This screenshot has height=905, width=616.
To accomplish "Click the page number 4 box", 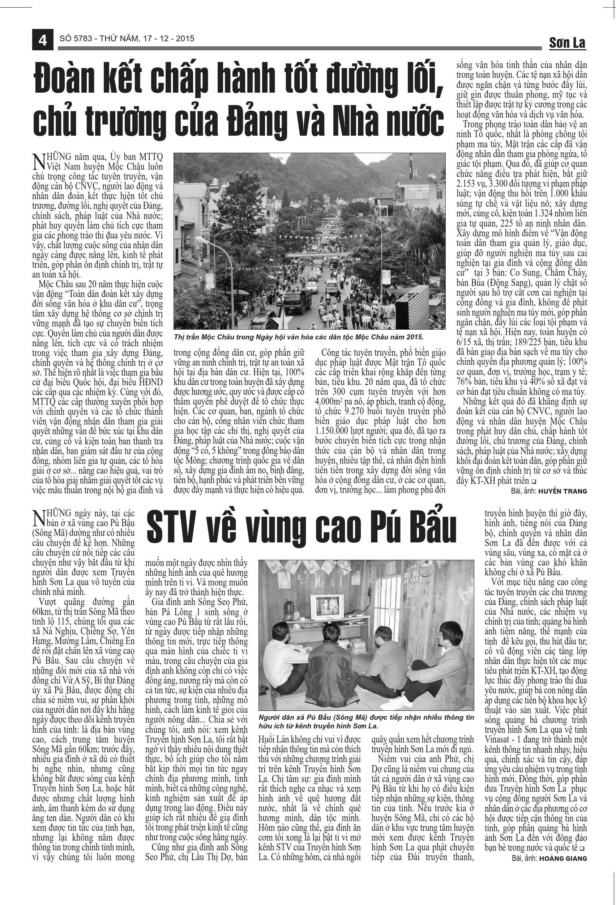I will (42, 40).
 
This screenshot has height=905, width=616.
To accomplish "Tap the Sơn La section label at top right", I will (567, 43).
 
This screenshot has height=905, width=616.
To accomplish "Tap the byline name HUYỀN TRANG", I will (562, 491).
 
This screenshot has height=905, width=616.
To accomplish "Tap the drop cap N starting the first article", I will (39, 161).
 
